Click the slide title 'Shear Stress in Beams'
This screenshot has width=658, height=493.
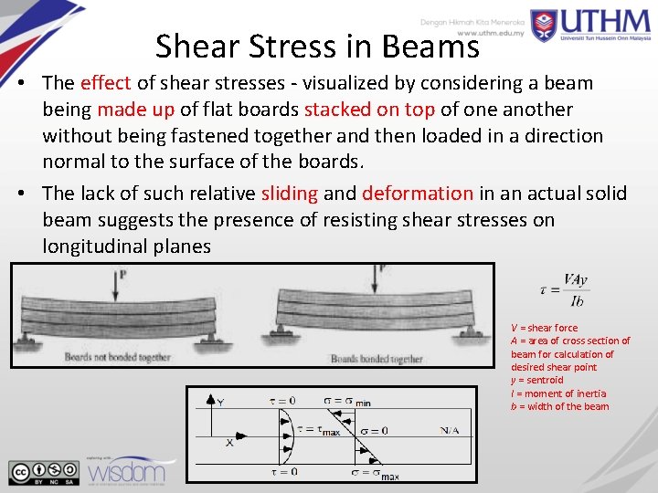point(316,46)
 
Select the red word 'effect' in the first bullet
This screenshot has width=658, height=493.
point(105,83)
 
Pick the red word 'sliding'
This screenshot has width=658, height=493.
point(290,194)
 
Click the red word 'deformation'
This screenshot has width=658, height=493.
point(418,194)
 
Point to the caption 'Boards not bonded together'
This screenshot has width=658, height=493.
point(117,357)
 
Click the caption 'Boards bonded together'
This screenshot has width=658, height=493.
point(376,359)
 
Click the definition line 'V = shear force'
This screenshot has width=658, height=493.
point(544,328)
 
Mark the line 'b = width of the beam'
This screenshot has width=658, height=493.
point(559,406)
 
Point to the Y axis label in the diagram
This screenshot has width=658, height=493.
point(220,401)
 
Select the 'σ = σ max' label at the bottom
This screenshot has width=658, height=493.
point(375,473)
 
